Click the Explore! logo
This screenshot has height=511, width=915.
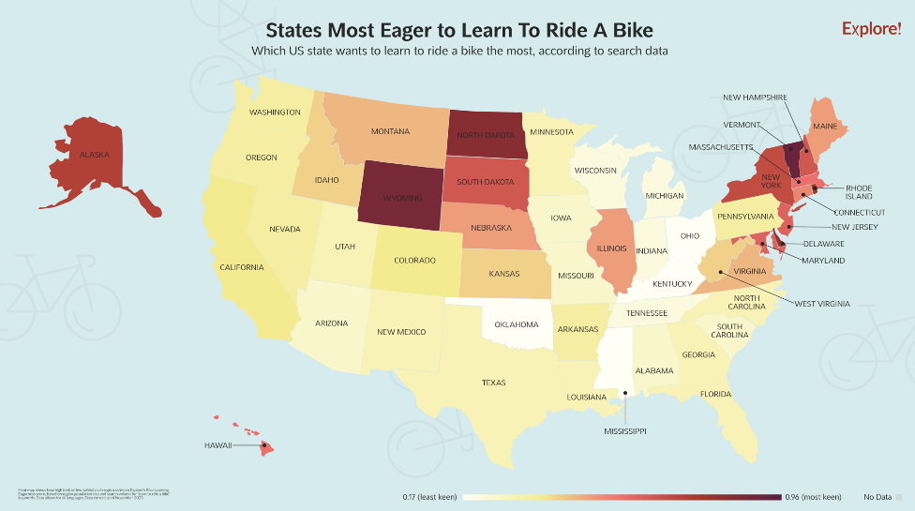871,29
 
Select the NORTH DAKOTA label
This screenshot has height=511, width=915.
487,135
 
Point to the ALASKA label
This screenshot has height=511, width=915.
96,155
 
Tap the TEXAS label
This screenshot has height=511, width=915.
493,383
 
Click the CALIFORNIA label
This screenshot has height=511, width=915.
242,267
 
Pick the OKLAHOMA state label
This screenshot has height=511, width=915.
517,324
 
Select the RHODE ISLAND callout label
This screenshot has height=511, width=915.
859,192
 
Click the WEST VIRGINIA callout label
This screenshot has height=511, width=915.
822,304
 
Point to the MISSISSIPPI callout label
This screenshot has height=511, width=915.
625,431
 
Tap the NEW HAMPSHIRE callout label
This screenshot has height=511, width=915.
755,98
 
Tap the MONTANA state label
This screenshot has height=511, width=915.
390,131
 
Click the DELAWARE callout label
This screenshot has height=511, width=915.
823,244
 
